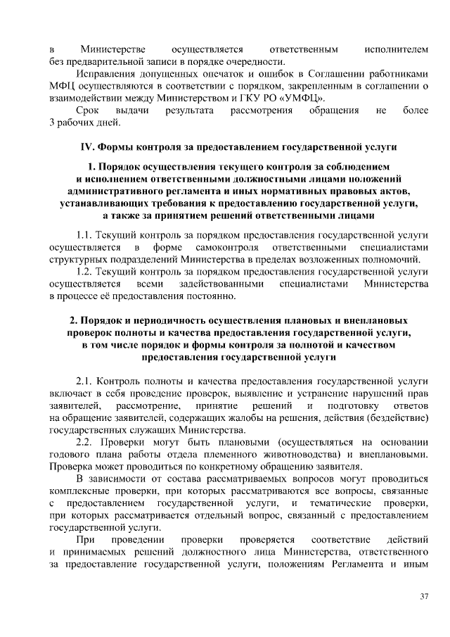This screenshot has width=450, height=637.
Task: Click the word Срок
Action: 88,111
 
